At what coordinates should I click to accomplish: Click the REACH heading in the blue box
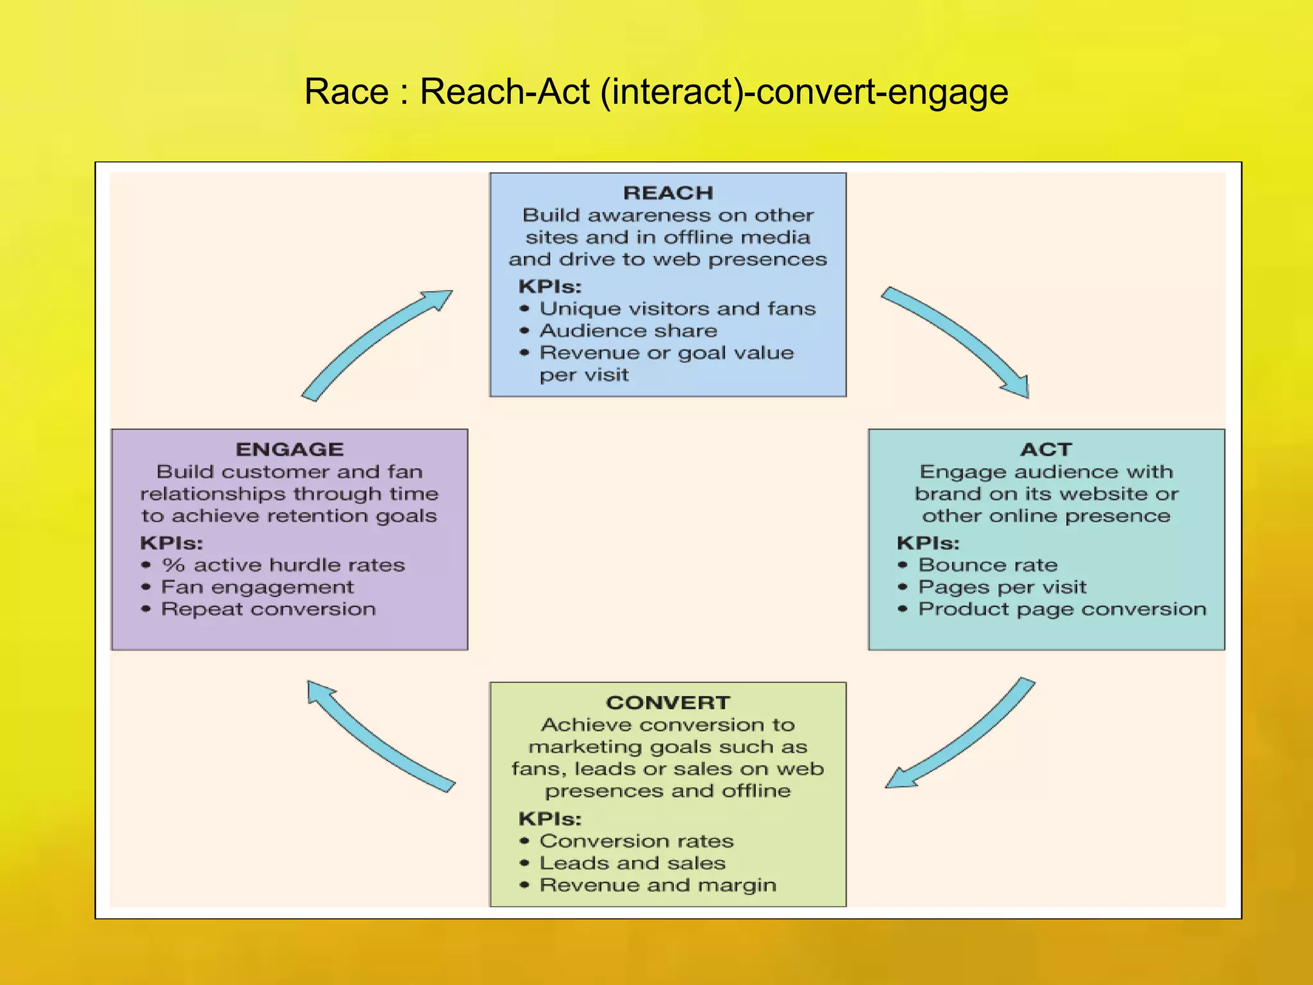(668, 193)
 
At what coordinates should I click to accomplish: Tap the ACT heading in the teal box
(1046, 450)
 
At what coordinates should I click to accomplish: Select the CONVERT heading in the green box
(668, 703)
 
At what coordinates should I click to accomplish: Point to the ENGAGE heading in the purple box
(290, 450)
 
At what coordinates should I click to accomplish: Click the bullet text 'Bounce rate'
(988, 565)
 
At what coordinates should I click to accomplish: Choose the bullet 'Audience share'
(628, 331)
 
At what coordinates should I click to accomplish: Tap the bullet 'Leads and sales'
(632, 863)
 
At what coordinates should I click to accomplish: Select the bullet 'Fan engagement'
(257, 587)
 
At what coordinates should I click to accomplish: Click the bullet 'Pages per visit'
(1002, 587)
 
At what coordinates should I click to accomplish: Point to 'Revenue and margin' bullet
(658, 885)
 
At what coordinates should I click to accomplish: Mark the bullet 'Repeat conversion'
(268, 609)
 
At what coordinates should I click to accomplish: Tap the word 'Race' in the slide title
(346, 92)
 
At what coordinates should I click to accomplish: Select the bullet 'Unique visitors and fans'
(678, 309)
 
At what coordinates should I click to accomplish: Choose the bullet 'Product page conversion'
(1062, 609)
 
